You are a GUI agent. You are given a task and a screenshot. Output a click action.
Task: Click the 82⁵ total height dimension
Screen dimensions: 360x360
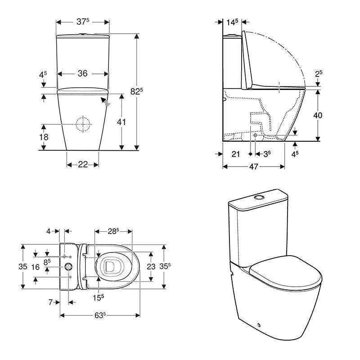[137, 91]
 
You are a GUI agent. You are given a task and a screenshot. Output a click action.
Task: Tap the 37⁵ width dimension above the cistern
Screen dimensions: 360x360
[83, 22]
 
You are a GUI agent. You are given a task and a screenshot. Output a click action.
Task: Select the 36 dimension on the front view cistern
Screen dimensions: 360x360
[83, 73]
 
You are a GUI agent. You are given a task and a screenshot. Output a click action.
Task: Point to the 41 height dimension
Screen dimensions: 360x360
[121, 122]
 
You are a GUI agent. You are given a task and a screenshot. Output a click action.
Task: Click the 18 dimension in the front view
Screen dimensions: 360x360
[44, 137]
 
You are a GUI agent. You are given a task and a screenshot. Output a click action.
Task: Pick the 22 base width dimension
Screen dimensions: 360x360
[83, 164]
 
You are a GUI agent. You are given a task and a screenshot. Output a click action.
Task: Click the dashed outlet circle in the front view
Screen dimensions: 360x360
[83, 124]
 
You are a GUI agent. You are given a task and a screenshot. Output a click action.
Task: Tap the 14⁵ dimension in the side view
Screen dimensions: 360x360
[232, 22]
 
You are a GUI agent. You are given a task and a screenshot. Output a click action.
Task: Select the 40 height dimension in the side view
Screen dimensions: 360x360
[318, 115]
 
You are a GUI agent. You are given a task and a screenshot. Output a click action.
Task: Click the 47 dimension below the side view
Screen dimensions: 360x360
[254, 166]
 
